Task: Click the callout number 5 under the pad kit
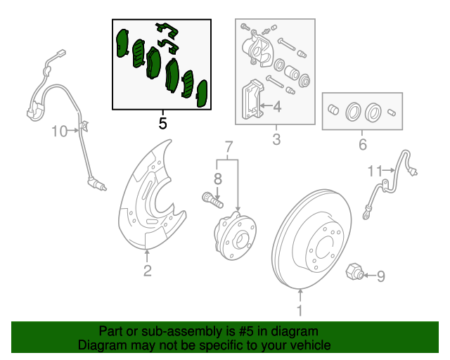click(162, 124)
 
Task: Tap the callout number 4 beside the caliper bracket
click(277, 106)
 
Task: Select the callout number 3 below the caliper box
click(276, 139)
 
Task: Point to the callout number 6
click(363, 144)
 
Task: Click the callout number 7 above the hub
click(228, 147)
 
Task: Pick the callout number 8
click(218, 179)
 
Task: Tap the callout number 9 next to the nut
click(380, 276)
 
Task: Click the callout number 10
click(59, 131)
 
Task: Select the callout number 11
click(375, 171)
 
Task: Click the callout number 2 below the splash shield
click(147, 271)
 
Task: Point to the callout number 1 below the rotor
click(300, 310)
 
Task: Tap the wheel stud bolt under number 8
click(212, 200)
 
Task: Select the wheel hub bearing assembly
click(235, 236)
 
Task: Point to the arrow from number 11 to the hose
click(389, 171)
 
